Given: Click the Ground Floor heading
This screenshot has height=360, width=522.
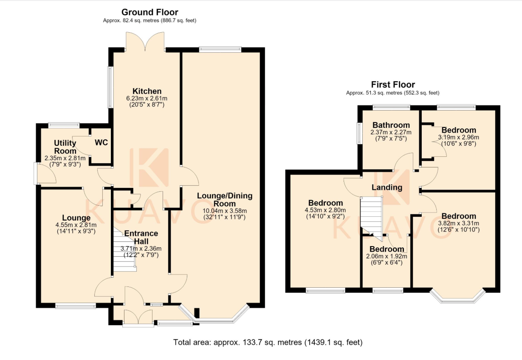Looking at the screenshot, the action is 150,12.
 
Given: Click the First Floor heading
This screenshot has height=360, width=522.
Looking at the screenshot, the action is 393,85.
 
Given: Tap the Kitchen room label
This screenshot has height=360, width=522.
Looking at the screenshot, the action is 147,91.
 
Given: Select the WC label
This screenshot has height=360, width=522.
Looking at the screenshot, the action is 102,142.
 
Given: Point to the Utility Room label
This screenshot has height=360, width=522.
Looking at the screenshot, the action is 65,147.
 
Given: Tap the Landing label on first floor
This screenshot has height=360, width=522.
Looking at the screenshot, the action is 387,187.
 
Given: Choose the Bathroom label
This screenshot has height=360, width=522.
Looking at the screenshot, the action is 391,125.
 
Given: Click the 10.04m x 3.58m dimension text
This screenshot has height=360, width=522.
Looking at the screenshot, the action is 225,211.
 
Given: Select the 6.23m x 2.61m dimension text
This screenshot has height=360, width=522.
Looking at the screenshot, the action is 147,98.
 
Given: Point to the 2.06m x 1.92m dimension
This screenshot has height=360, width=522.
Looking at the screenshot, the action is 387,256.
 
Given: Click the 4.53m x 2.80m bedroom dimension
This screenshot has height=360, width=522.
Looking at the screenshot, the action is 325,210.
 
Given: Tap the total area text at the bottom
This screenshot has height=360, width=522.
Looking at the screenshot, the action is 268,342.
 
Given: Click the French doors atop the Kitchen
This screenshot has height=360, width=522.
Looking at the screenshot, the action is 145,42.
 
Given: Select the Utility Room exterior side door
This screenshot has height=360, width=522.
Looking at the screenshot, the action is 45,174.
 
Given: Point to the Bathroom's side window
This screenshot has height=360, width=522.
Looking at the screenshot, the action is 360,133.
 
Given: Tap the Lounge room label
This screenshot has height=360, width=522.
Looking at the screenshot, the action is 76,218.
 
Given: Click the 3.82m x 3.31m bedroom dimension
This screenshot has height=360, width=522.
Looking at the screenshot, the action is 459,223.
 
